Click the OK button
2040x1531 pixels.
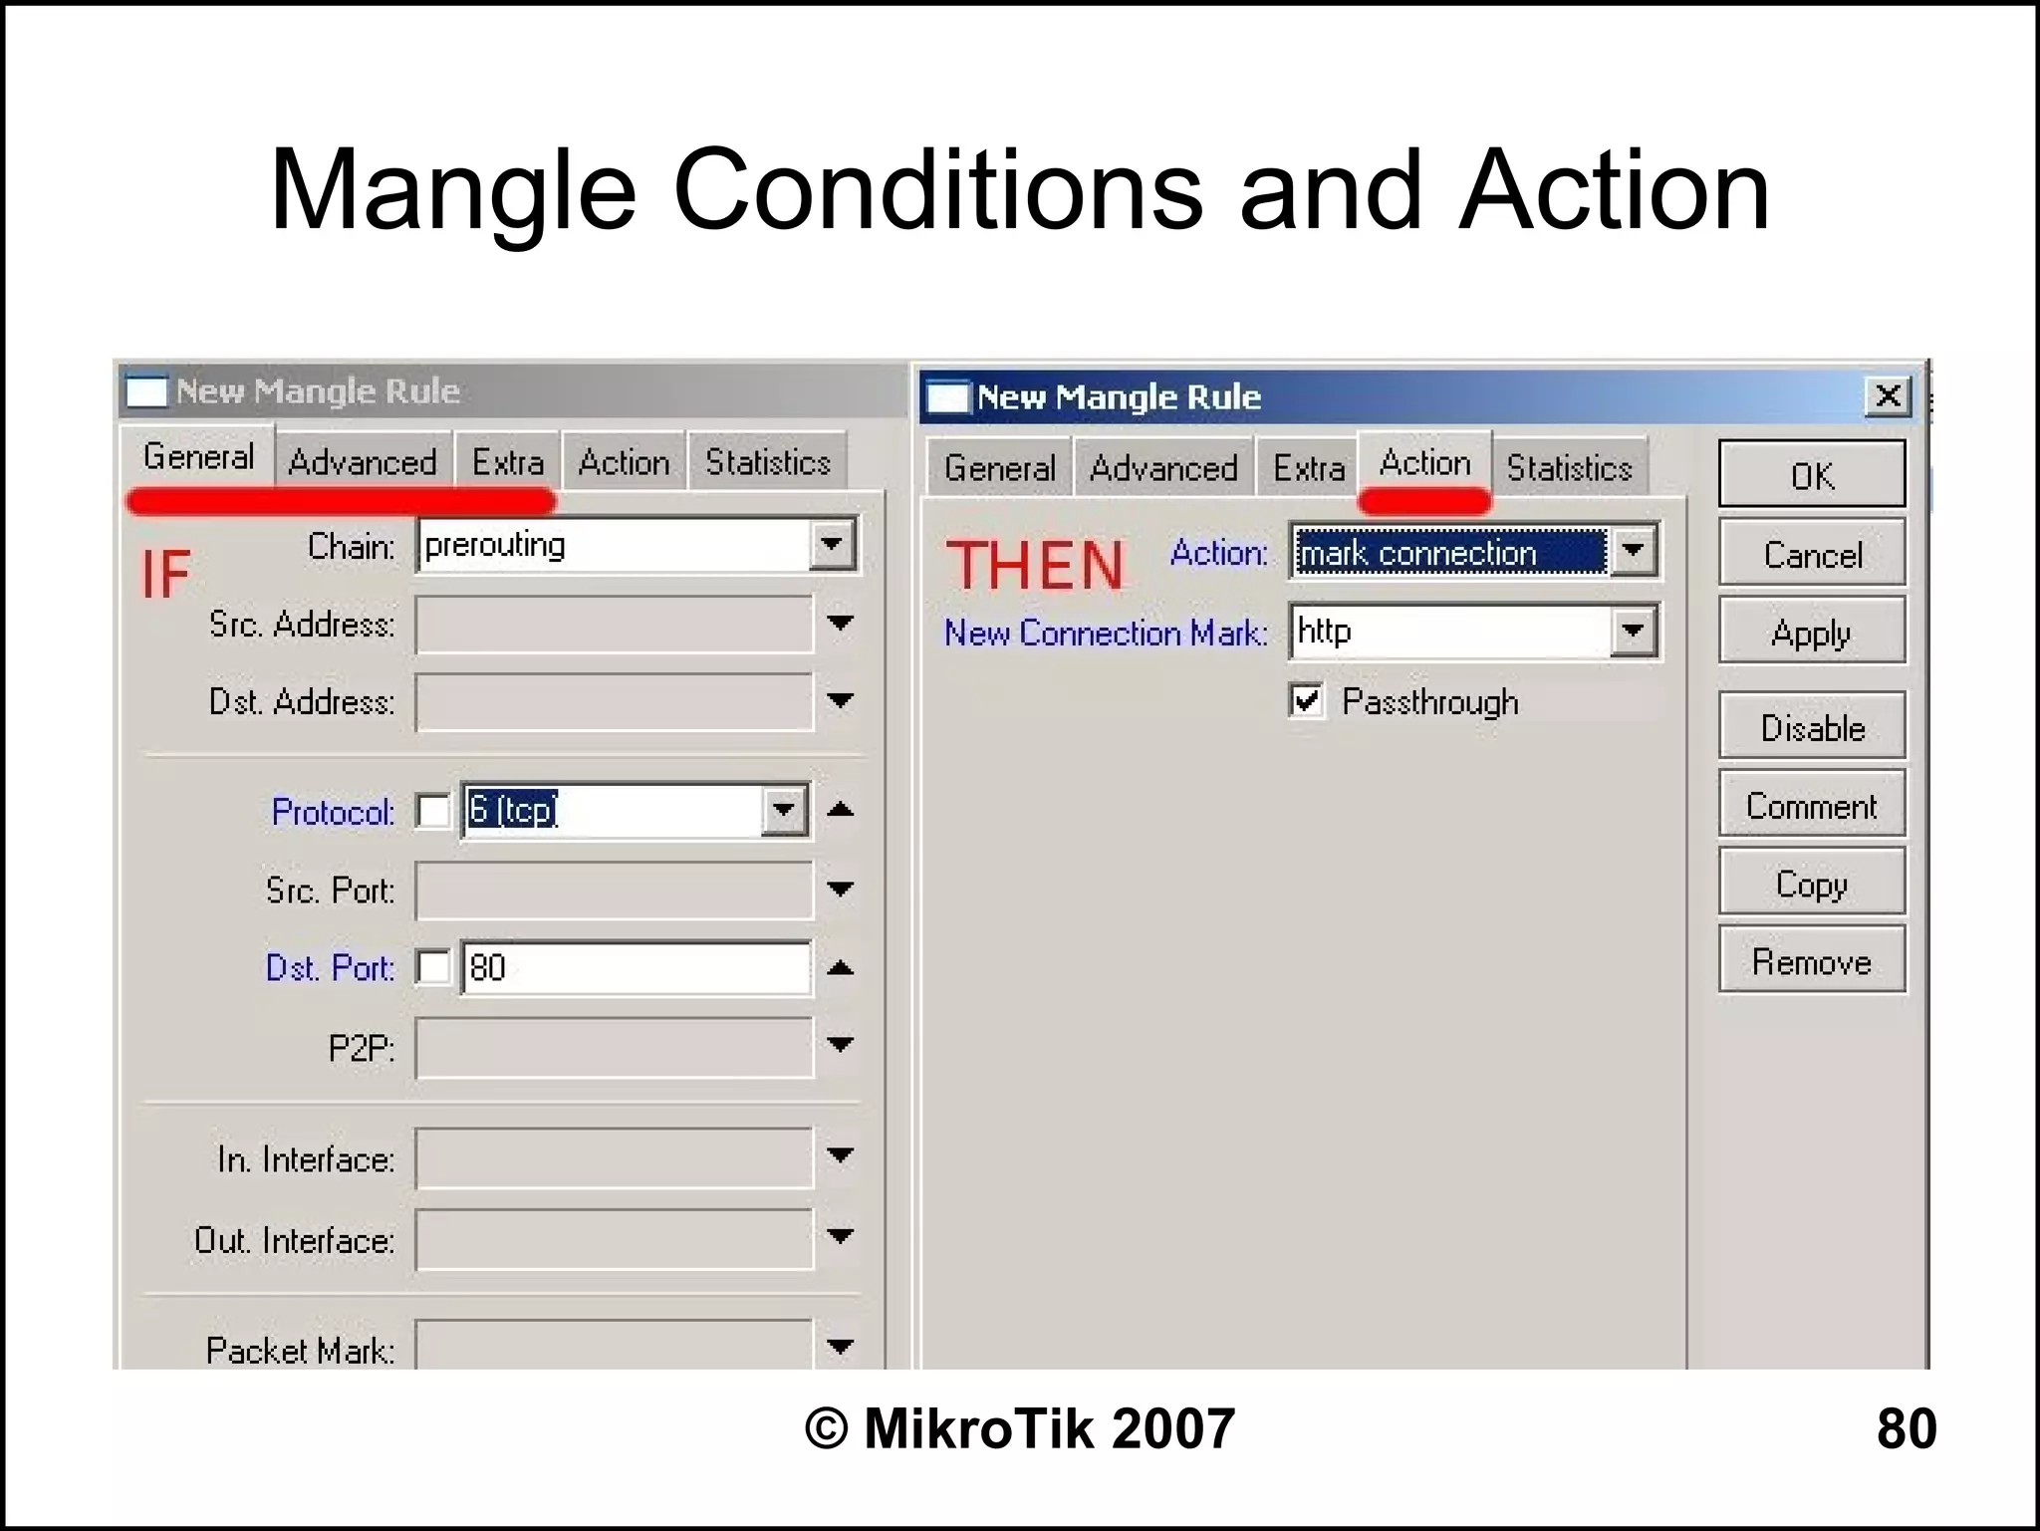[x=1811, y=475]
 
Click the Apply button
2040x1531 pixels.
[x=1811, y=632]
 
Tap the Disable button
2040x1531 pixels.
[x=1811, y=727]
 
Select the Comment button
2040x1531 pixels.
[x=1811, y=805]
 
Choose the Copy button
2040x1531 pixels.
[x=1811, y=884]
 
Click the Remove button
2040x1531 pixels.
[x=1811, y=961]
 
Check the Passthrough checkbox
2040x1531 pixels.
[x=1306, y=700]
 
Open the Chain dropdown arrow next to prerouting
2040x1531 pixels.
[x=832, y=544]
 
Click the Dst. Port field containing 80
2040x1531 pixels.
[x=636, y=967]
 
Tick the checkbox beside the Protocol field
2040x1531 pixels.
[x=433, y=811]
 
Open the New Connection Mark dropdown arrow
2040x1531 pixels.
[x=1633, y=631]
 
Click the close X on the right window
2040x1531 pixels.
[x=1887, y=396]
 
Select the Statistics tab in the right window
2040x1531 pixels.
[x=1569, y=467]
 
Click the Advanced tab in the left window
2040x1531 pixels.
[x=363, y=462]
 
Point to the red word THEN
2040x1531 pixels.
[x=1035, y=565]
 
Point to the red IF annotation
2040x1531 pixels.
[x=165, y=574]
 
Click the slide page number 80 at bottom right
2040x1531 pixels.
[x=1906, y=1427]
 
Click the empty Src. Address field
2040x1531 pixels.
[x=614, y=625]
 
